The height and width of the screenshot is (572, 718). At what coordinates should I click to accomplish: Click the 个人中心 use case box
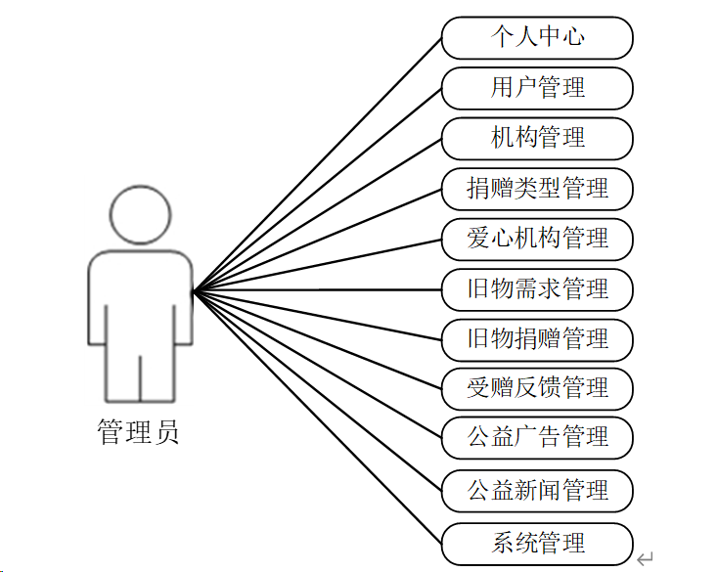[537, 38]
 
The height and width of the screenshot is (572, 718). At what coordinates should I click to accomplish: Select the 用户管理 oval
[537, 88]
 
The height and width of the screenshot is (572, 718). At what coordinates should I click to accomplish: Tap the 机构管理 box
[537, 138]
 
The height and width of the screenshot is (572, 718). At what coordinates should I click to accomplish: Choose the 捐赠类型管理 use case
[537, 189]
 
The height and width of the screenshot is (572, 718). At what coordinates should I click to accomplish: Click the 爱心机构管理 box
[537, 239]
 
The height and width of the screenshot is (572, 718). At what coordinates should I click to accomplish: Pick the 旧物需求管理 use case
[537, 289]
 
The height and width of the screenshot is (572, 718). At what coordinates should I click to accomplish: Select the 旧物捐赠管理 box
[537, 339]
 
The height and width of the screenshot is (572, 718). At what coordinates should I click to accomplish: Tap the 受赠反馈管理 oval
[537, 389]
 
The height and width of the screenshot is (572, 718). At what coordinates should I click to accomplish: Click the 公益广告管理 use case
[537, 437]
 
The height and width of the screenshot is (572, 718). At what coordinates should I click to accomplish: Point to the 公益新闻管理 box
[537, 490]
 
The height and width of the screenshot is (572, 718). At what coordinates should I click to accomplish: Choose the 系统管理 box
[537, 544]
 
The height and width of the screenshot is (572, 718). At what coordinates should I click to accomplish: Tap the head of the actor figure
[139, 213]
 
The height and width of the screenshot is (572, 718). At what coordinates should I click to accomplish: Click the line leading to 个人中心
[317, 163]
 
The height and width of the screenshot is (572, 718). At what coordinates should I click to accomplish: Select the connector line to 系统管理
[317, 418]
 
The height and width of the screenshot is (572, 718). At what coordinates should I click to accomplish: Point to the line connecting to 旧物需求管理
[317, 289]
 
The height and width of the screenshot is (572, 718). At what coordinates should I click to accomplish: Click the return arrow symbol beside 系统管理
[645, 558]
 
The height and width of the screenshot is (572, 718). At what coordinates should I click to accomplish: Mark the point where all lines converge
[194, 290]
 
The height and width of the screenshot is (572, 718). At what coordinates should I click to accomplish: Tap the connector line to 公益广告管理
[317, 364]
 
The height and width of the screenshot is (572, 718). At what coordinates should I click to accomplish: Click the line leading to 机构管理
[317, 214]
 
